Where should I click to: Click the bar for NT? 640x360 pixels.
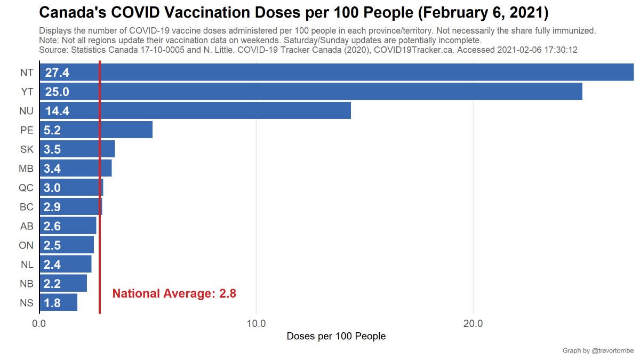pos(336,73)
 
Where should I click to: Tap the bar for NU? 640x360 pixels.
pos(213,111)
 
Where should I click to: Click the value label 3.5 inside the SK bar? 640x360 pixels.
pos(52,149)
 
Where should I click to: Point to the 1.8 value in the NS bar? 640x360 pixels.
pos(52,303)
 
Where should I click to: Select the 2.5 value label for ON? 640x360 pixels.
pos(52,245)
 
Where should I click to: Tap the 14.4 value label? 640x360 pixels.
pos(57,111)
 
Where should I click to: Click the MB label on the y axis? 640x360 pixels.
pos(26,169)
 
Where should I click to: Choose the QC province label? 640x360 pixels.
pos(26,188)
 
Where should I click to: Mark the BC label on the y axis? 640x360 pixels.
pos(26,207)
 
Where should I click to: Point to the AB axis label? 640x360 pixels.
pos(27,226)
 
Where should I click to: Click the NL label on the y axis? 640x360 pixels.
pos(27,265)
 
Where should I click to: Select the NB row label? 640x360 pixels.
pos(27,284)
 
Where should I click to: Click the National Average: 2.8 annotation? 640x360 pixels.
pos(174,293)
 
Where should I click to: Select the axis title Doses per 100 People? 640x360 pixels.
pos(336,337)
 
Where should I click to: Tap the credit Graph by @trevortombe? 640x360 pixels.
pos(598,351)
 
